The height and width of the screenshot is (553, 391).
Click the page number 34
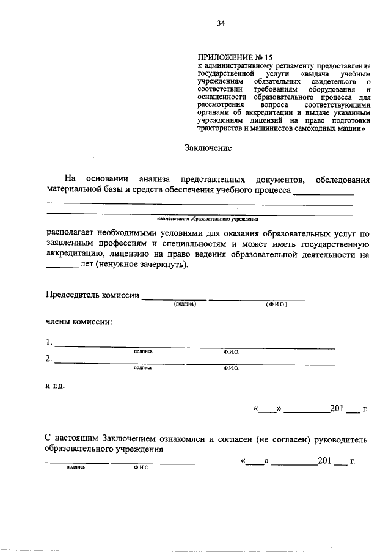[221, 24]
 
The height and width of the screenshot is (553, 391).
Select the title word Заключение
[208, 147]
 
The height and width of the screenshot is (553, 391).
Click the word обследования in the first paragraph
[343, 179]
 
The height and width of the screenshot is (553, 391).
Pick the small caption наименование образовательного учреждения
[208, 218]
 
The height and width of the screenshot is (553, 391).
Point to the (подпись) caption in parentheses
[185, 304]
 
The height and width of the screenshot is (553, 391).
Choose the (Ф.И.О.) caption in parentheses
[276, 304]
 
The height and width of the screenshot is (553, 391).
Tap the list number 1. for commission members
[49, 342]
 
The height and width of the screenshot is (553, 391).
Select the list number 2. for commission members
[49, 359]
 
